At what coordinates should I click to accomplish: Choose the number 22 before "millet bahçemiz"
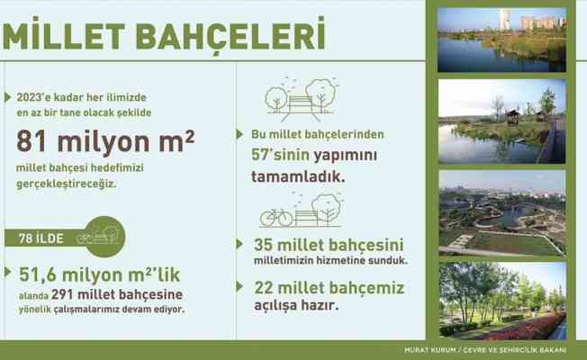pos(268,287)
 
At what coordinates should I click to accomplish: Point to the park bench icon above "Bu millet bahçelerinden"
pos(301,102)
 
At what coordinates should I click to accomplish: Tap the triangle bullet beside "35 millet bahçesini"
pos(241,244)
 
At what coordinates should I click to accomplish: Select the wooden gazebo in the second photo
pos(510,116)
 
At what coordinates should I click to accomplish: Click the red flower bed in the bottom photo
pos(538,326)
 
